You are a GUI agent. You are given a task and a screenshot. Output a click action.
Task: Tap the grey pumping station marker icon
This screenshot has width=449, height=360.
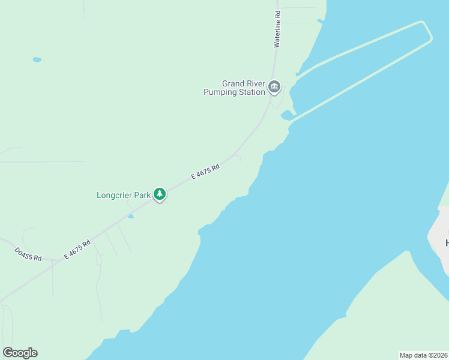pos(274,88)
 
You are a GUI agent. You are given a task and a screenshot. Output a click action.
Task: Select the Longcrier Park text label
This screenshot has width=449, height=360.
pos(123,195)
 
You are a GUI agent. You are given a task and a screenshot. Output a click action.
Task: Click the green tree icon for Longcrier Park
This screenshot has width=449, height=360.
pos(159,194)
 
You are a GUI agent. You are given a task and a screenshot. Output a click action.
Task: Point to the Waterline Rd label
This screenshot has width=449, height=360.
pos(277,28)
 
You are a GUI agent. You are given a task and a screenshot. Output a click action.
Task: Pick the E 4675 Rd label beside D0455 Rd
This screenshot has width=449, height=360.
pos(79,249)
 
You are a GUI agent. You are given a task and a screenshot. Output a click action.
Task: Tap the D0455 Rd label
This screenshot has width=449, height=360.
pos(28,254)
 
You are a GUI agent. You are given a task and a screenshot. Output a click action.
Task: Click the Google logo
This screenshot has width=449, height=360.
pos(20,353)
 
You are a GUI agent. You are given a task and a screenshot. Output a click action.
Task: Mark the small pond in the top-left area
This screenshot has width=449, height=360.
pos(37,59)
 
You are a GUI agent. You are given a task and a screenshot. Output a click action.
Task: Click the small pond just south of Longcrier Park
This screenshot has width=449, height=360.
pos(131,216)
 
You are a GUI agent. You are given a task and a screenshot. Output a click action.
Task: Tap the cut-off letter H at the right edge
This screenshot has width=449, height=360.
pos(447,243)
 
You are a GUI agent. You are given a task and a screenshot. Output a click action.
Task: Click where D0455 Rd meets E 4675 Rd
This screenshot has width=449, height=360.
pos(55,262)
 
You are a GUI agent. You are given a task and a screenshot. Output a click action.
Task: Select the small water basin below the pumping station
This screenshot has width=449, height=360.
pos(286,114)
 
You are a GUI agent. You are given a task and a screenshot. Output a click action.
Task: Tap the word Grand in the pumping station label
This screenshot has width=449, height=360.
pos(234,84)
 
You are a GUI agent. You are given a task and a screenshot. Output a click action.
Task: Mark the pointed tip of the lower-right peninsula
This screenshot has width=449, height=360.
pos(409,252)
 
